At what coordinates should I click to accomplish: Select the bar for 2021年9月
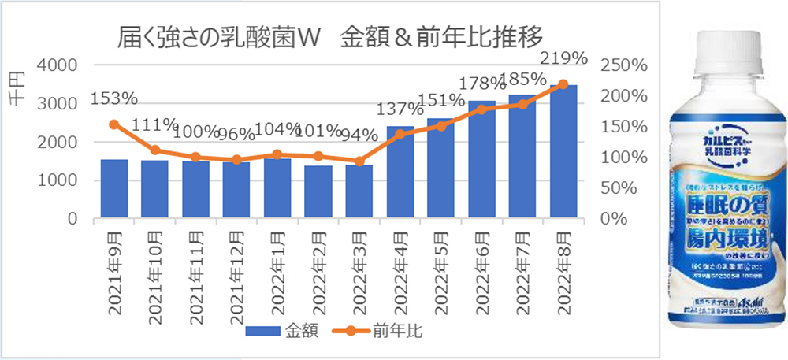(114, 189)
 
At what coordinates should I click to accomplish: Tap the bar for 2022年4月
(400, 173)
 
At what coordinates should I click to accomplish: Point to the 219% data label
(564, 58)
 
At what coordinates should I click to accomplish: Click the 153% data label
(114, 98)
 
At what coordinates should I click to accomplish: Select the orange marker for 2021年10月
(155, 150)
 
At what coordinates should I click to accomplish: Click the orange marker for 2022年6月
(481, 109)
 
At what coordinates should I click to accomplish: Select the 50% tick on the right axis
(615, 188)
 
